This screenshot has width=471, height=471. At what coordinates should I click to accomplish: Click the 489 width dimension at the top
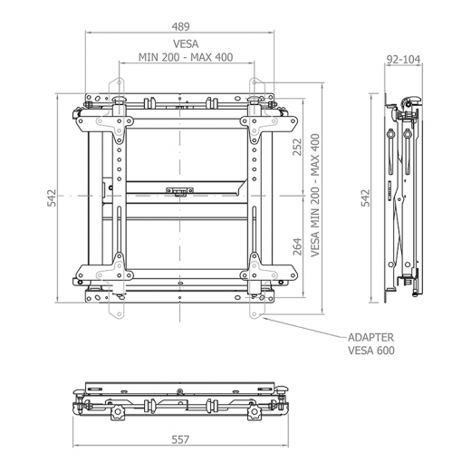180,27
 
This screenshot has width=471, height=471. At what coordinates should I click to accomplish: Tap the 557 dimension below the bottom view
180,439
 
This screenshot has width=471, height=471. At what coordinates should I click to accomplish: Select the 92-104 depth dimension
403,60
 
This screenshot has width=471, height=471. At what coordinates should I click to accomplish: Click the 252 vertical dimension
297,147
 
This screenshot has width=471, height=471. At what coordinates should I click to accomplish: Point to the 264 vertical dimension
297,246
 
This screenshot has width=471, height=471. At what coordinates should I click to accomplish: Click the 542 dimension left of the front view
52,197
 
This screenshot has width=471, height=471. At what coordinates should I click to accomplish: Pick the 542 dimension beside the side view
365,197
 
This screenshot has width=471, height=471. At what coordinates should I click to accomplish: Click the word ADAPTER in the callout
371,337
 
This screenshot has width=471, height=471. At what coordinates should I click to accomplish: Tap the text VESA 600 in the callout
371,351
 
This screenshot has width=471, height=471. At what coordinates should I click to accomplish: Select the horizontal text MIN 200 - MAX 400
186,57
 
